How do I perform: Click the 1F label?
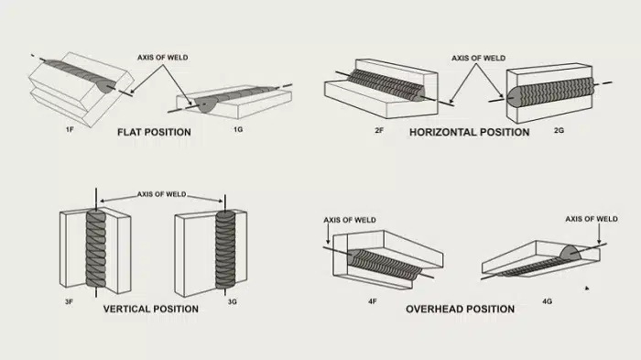[70, 130]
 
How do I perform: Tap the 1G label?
[238, 129]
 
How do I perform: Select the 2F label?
[379, 130]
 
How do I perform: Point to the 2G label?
[559, 130]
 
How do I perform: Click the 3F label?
[69, 302]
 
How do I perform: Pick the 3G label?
[233, 302]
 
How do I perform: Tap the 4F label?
[372, 301]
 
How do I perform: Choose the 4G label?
[547, 301]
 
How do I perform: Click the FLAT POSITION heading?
[154, 132]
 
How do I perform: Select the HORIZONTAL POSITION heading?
[469, 132]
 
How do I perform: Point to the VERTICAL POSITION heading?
[151, 309]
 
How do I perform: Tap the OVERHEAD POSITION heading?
[461, 309]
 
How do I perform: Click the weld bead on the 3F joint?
[96, 248]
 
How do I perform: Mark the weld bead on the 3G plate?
[225, 249]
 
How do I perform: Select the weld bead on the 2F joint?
[386, 85]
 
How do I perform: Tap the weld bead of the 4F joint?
[385, 264]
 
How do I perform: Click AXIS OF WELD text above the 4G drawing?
[592, 219]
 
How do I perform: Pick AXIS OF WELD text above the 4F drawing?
[350, 220]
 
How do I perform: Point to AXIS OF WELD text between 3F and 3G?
[161, 194]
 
